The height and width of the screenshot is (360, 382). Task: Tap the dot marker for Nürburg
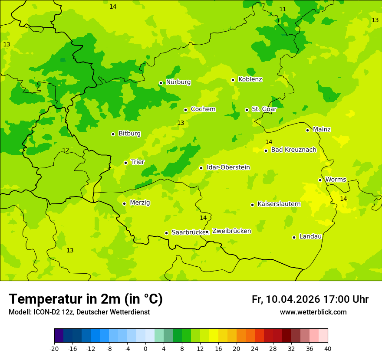tap(161, 83)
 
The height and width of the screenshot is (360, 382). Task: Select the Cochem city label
tap(203, 109)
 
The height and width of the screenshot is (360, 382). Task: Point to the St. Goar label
tap(264, 109)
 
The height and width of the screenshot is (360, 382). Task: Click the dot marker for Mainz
tap(307, 130)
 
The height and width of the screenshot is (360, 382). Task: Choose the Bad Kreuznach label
tap(293, 150)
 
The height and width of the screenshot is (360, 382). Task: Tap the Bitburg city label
tap(129, 134)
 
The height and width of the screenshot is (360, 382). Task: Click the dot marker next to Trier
tap(125, 163)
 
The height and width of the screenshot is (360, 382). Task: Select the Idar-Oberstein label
tap(228, 167)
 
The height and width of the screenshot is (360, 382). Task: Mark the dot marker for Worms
tap(320, 180)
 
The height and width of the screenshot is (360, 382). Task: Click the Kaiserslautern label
tap(279, 204)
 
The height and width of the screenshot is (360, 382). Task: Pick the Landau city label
tap(310, 237)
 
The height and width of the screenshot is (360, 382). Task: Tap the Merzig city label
tap(140, 203)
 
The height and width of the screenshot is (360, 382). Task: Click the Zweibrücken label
tap(231, 231)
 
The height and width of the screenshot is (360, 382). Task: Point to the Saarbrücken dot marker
tap(166, 233)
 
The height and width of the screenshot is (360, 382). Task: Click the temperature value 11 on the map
tap(283, 10)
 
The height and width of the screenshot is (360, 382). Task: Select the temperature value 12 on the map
tap(66, 151)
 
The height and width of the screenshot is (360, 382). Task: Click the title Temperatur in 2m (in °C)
tap(86, 299)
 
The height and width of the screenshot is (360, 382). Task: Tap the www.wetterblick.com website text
tap(313, 312)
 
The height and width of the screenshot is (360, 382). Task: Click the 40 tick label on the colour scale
tap(328, 349)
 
